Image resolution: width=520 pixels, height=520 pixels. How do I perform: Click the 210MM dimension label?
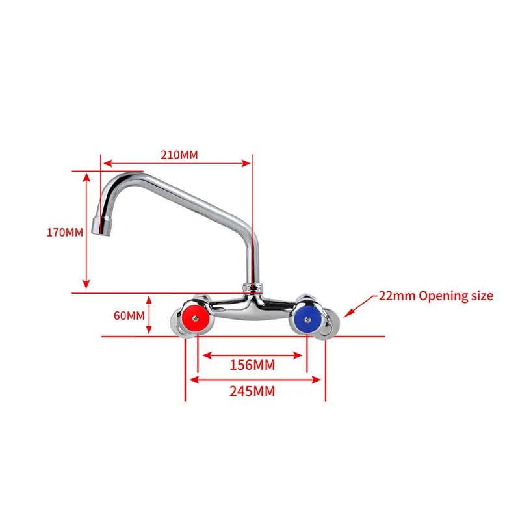[179, 155]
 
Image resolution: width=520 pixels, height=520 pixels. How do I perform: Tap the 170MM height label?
[65, 232]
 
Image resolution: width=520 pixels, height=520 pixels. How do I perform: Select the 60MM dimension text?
[128, 316]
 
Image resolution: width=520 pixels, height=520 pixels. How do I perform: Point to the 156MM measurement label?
[252, 365]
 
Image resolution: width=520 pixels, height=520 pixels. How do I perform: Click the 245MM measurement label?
[252, 391]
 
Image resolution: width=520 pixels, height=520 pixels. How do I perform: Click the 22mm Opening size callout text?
[436, 296]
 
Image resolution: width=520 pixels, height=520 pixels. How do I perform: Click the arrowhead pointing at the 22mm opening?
[346, 315]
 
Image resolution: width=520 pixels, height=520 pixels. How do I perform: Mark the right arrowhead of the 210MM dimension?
[246, 164]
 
